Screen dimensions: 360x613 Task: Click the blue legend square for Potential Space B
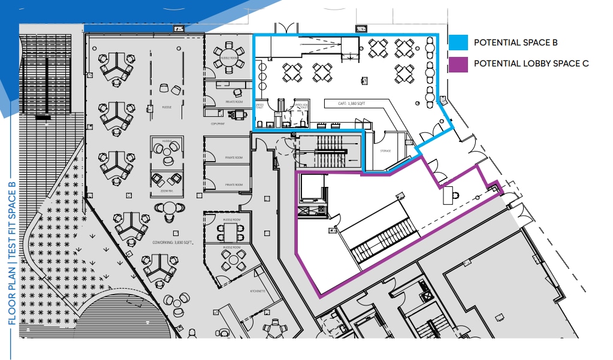point(458,43)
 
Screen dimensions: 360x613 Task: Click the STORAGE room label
point(385,151)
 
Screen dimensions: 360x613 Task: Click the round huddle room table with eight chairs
point(230,52)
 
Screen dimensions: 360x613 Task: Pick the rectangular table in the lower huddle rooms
point(233,259)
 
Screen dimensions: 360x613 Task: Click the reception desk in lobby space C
point(448,195)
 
